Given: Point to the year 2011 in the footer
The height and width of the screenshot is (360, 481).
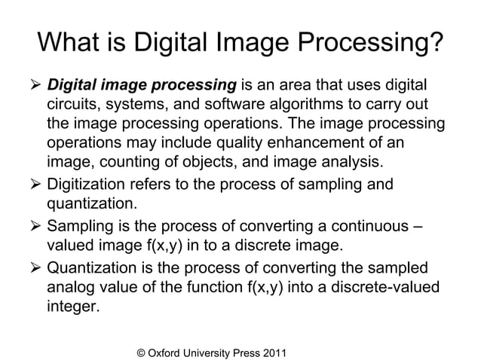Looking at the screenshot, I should point(272,349).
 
